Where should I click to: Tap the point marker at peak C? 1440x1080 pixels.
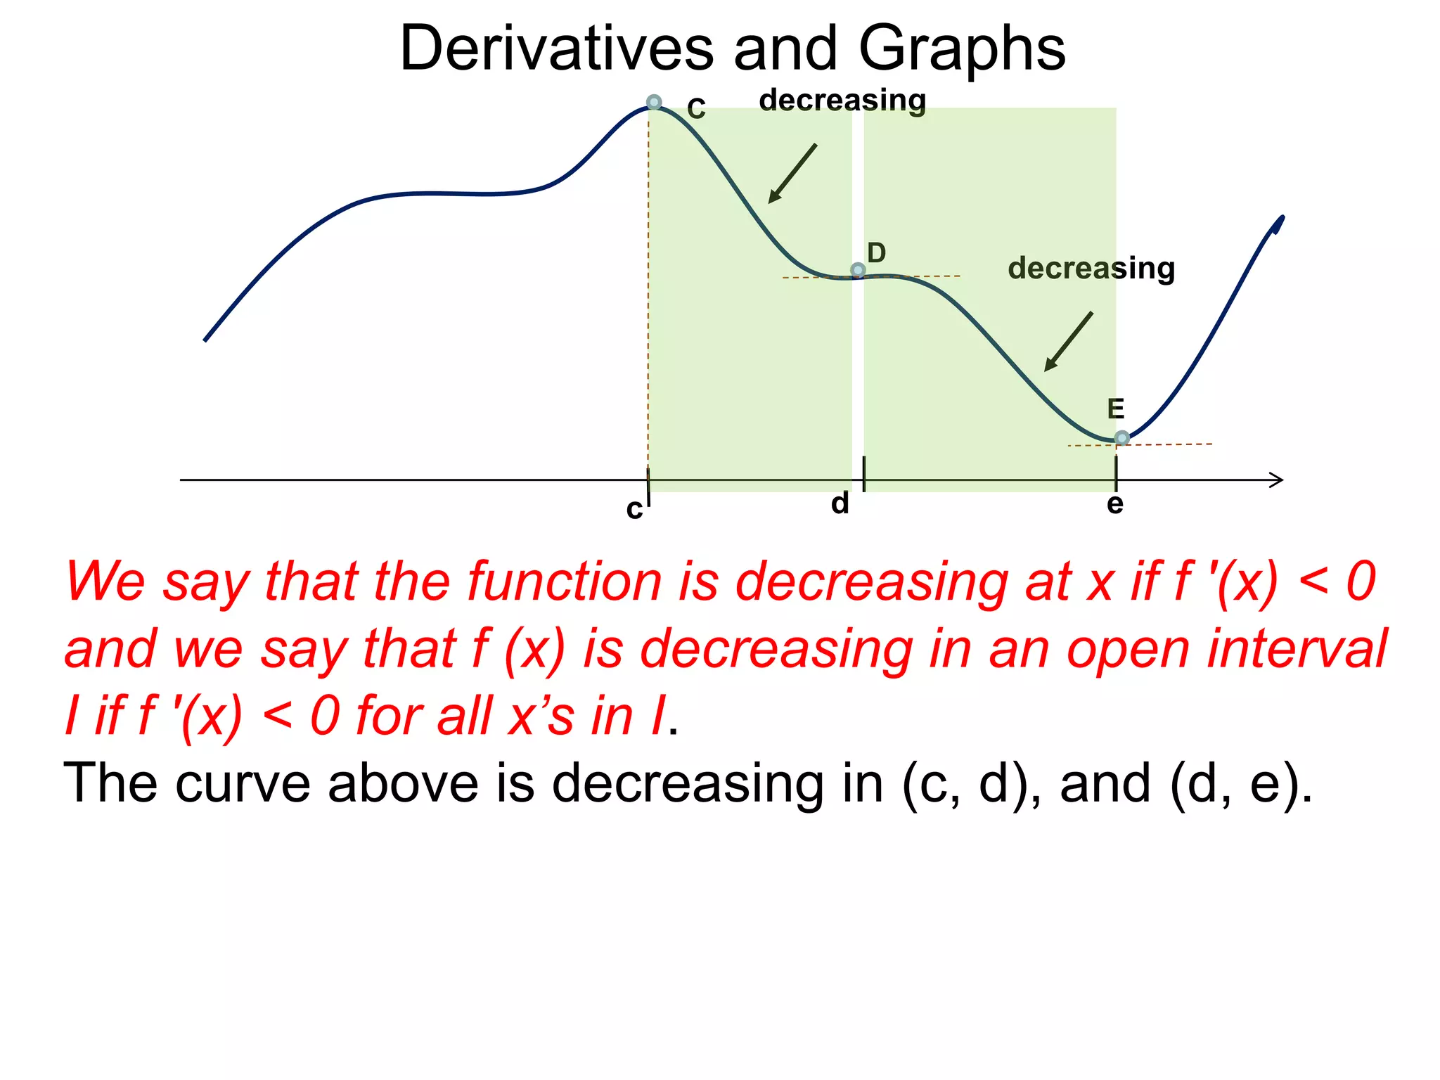(654, 102)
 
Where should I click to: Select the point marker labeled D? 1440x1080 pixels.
(858, 270)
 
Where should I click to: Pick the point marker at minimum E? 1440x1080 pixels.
(1122, 438)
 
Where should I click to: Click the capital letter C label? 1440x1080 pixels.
(696, 109)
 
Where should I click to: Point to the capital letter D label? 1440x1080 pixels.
(876, 252)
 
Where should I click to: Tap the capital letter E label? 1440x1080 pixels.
(1116, 409)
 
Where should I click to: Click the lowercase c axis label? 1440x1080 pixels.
(634, 509)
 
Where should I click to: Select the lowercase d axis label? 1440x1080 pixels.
(840, 503)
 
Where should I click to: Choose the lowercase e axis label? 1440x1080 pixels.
(1115, 503)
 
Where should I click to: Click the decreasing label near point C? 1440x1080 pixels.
(842, 101)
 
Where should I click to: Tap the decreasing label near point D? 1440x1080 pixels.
(1091, 269)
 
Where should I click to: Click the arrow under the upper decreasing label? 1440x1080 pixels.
(792, 174)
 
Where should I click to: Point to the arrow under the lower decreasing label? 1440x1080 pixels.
(1069, 341)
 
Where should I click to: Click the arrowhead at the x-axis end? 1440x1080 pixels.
(1277, 480)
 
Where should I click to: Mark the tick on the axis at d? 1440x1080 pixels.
(863, 474)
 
